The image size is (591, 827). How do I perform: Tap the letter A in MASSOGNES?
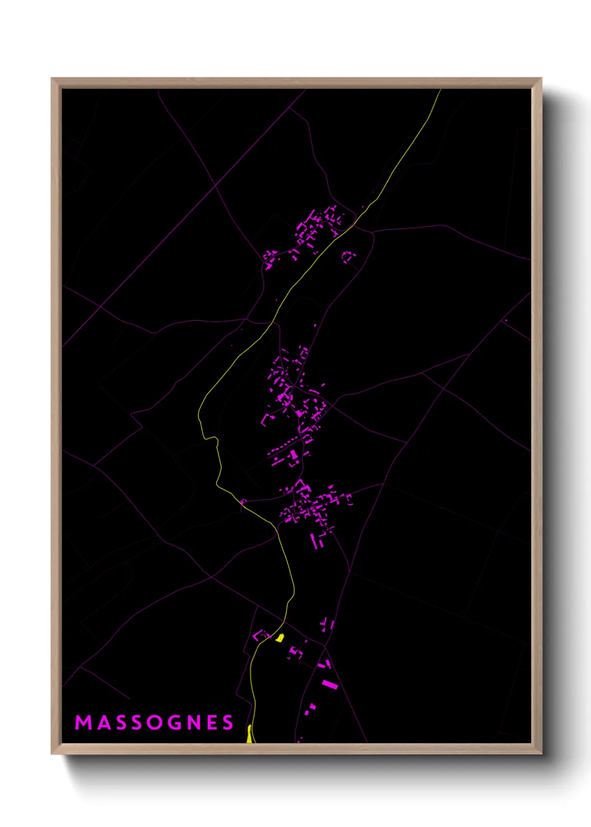click(x=103, y=723)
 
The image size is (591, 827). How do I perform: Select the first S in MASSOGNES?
click(x=120, y=723)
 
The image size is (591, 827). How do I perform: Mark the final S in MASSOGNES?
click(x=228, y=723)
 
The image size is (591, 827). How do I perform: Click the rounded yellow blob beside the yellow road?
click(x=279, y=638)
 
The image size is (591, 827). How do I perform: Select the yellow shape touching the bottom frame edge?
click(x=249, y=735)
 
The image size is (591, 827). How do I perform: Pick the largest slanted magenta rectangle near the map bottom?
click(x=330, y=685)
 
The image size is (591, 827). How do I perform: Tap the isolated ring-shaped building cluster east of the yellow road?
click(x=348, y=257)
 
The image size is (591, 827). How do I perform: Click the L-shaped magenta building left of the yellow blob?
click(x=259, y=635)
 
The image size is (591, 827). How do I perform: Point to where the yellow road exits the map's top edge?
click(x=440, y=90)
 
